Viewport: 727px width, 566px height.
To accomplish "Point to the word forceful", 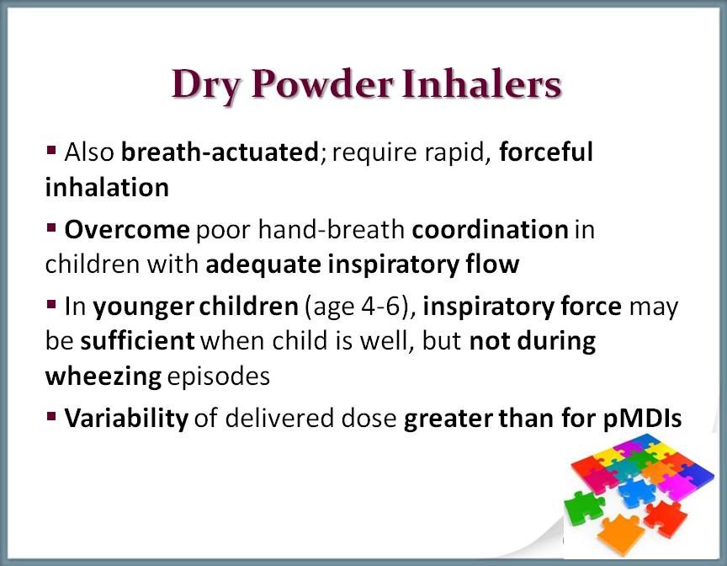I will click(546, 152).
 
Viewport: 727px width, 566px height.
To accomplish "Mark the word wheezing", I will click(103, 376).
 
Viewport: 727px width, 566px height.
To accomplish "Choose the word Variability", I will click(126, 419).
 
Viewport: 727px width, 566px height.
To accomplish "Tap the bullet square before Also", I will click(51, 151).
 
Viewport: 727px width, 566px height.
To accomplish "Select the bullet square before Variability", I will click(51, 416).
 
